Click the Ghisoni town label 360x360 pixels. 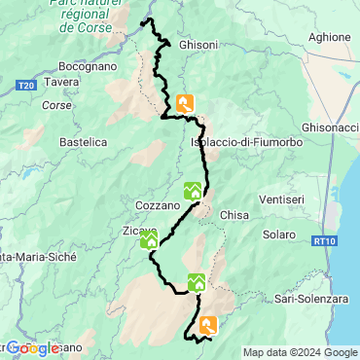click(x=199, y=44)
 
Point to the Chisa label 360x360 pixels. click(x=235, y=214)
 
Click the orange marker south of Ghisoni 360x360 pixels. click(x=186, y=103)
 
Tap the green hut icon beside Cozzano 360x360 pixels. click(x=193, y=191)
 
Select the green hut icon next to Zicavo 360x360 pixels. click(x=149, y=240)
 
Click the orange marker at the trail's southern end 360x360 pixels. click(x=208, y=326)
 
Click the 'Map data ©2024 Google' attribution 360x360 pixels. click(x=300, y=352)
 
